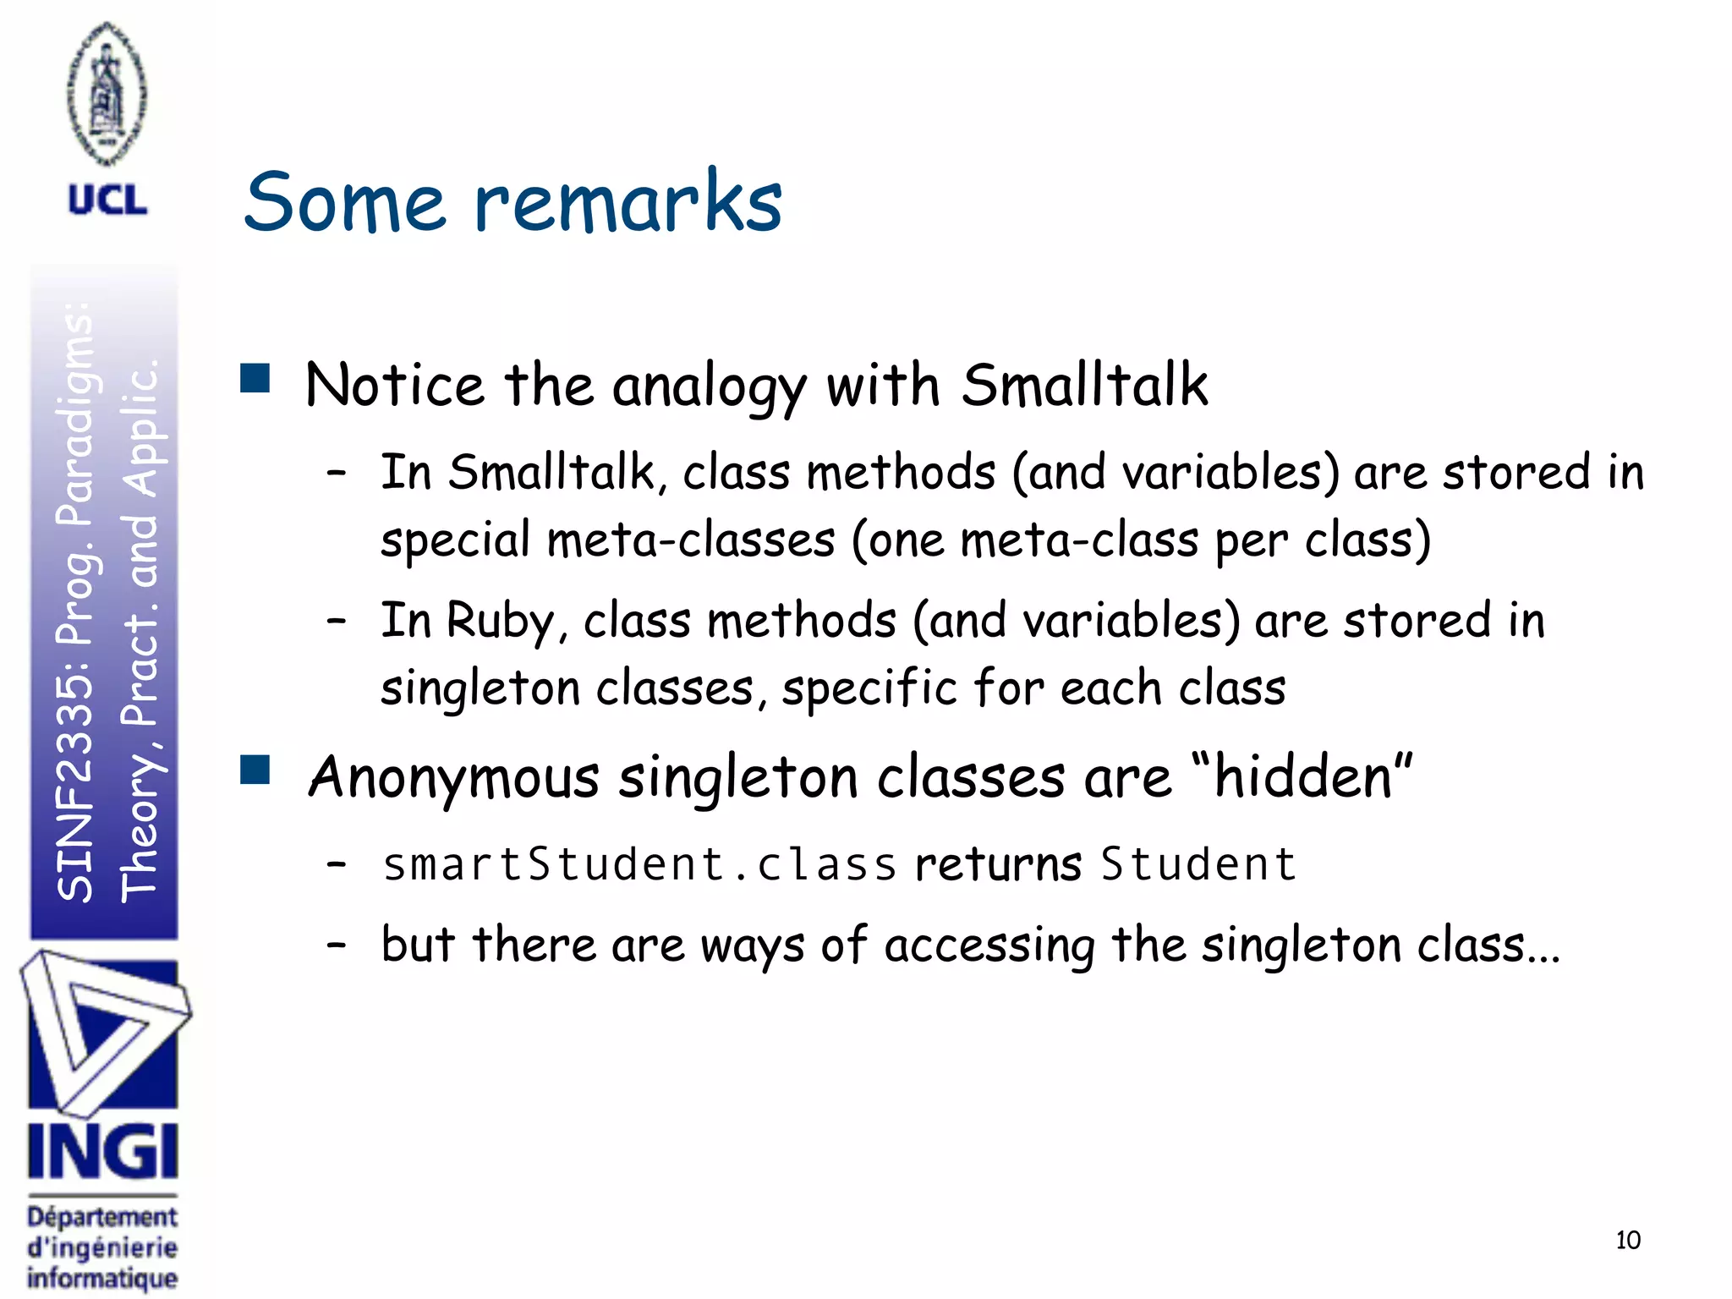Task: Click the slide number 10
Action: point(1627,1241)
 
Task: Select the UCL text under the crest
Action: point(107,201)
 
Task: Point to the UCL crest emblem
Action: point(107,93)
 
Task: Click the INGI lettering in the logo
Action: point(102,1151)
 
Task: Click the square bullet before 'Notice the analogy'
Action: point(255,379)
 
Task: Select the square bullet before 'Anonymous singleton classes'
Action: point(255,770)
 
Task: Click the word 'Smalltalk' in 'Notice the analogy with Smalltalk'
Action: point(1084,386)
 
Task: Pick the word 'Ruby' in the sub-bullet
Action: point(500,621)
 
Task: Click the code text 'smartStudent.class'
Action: point(639,864)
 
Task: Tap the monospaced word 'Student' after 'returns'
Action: point(1198,864)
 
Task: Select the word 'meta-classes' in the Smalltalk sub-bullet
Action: point(691,540)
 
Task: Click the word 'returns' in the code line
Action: point(998,864)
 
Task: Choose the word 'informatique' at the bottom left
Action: point(102,1277)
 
